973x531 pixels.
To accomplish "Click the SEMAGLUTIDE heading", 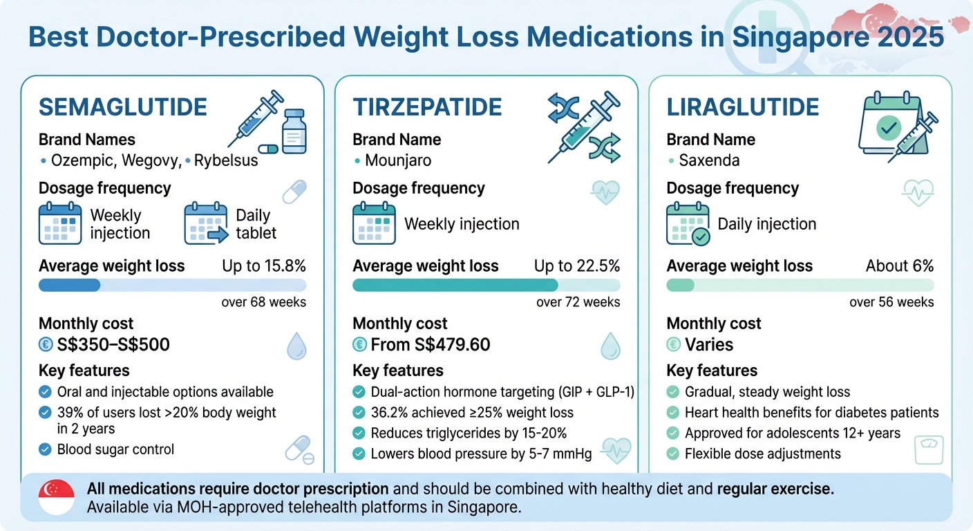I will (123, 108).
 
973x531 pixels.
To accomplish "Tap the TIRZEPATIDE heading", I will (427, 108).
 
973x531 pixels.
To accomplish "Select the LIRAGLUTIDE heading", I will (743, 108).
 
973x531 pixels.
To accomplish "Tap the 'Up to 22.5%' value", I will (577, 266).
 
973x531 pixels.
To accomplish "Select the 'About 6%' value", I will (900, 266).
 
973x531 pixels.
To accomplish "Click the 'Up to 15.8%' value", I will (264, 266).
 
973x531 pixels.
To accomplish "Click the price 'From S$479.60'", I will (430, 344).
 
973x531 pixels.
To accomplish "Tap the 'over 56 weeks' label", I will (891, 302).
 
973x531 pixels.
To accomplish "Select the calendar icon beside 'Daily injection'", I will (688, 223).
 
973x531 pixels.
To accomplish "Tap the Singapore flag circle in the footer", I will (57, 496).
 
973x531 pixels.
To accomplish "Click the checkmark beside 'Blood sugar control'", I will (45, 449).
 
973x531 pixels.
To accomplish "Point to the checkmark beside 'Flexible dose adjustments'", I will (673, 454).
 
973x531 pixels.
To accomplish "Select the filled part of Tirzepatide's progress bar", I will (455, 286).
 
